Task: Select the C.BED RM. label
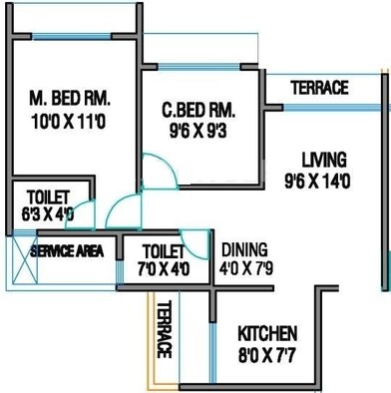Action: click(196, 110)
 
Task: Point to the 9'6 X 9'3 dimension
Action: click(196, 130)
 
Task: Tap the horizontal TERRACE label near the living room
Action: click(319, 89)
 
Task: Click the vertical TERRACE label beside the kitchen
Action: click(165, 330)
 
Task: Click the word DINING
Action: click(245, 249)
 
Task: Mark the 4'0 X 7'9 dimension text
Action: click(245, 268)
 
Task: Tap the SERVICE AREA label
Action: click(67, 251)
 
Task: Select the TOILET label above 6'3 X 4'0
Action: click(44, 196)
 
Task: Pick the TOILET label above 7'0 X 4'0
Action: click(164, 250)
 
